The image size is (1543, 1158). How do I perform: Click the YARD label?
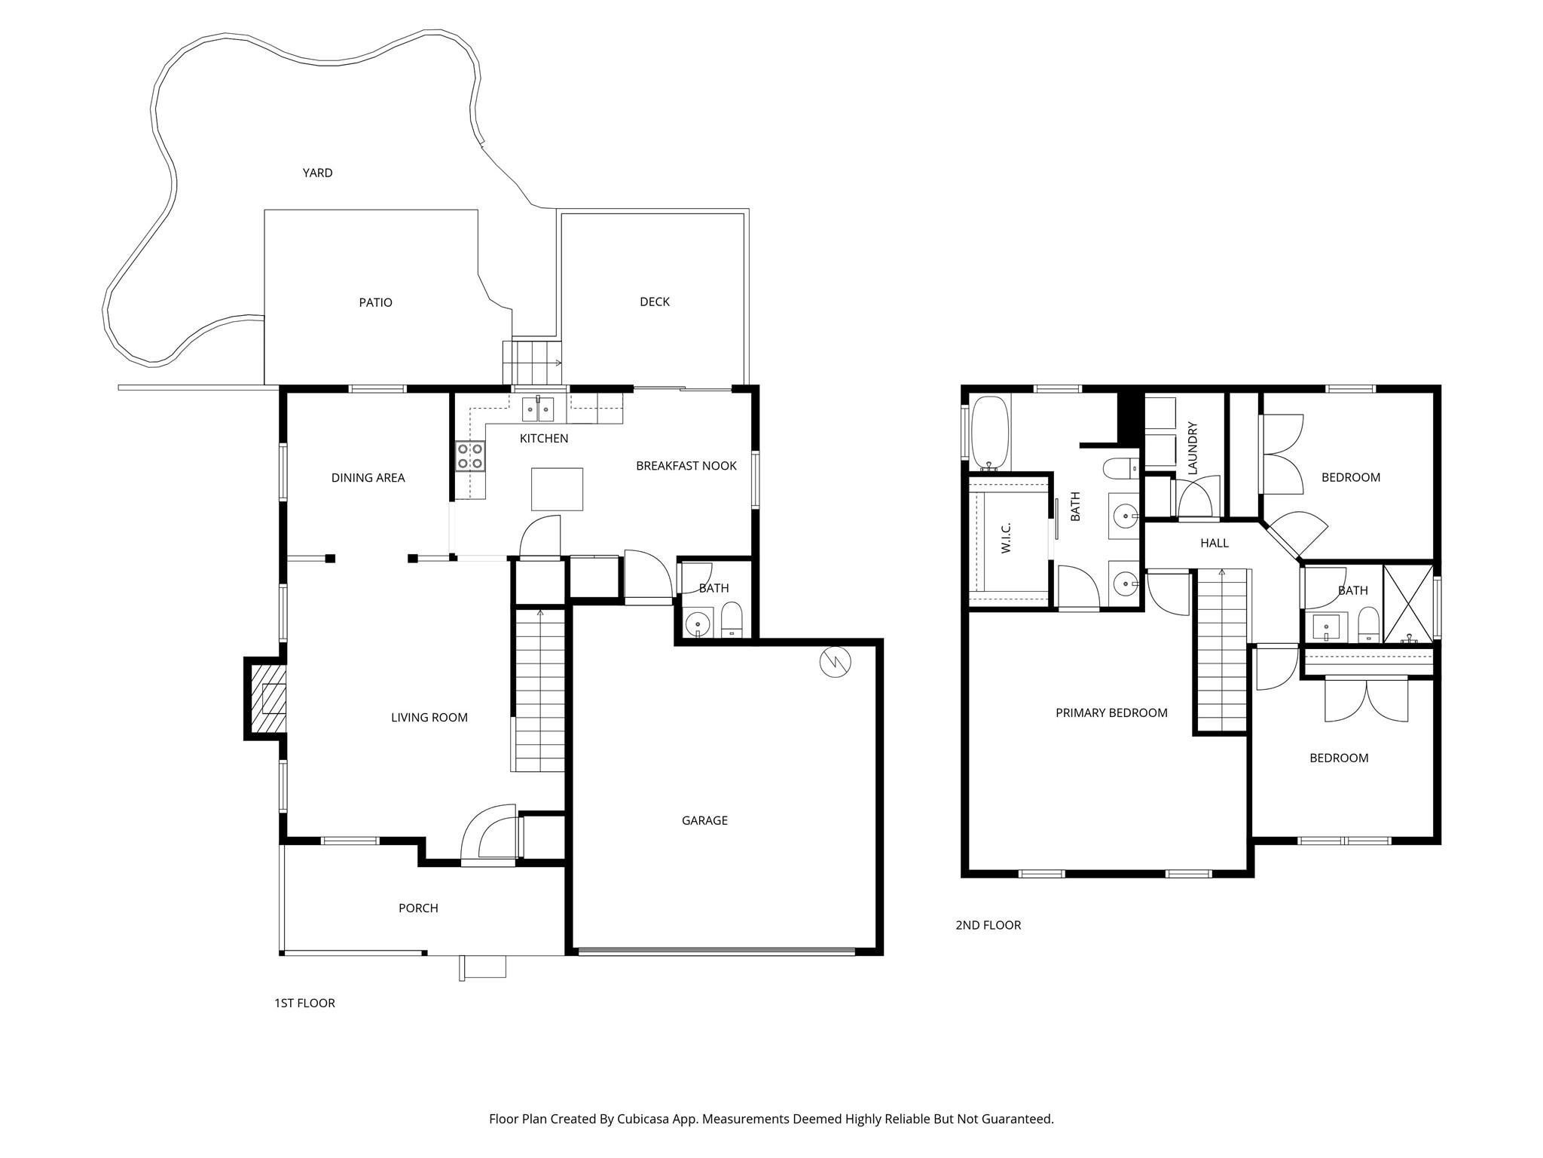pos(317,173)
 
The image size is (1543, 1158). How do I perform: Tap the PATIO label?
pos(375,302)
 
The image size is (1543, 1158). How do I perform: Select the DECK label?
pos(654,302)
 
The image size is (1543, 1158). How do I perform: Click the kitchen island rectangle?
pos(557,489)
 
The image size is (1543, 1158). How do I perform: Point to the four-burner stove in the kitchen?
pos(470,457)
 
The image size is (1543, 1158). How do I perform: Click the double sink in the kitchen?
pos(538,410)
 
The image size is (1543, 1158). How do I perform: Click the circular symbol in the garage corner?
pos(836,662)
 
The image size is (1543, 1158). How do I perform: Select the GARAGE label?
pos(704,820)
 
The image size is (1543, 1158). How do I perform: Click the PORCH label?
pos(418,908)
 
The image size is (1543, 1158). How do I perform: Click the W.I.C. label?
pos(1007,538)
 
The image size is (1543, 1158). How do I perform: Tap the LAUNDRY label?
pos(1192,448)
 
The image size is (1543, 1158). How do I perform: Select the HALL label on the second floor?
pos(1214,543)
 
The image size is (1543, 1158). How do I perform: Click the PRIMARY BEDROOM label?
pos(1111,712)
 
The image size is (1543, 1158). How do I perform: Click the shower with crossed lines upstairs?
pos(1408,603)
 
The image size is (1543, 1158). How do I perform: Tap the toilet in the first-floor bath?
pos(732,620)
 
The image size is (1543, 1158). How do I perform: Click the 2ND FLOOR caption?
pos(988,925)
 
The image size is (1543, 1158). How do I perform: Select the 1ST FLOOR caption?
pos(304,1003)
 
